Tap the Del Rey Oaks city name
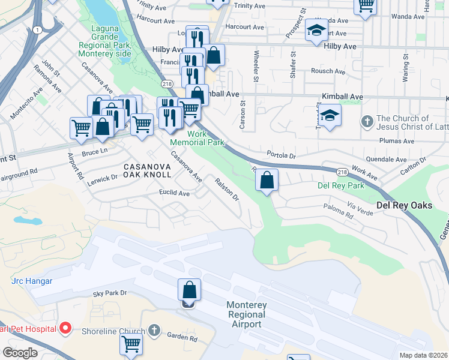(404, 205)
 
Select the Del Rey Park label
(340, 185)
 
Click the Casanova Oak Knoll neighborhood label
(148, 170)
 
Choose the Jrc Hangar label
(32, 281)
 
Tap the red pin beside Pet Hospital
(65, 328)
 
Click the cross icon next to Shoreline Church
(154, 331)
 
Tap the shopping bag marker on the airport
(189, 290)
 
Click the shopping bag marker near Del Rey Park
(267, 179)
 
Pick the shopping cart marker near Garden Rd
(131, 344)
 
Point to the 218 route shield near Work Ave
(342, 172)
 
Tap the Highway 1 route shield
(38, 30)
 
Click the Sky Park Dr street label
(110, 293)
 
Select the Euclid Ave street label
(174, 193)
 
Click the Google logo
(20, 352)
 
